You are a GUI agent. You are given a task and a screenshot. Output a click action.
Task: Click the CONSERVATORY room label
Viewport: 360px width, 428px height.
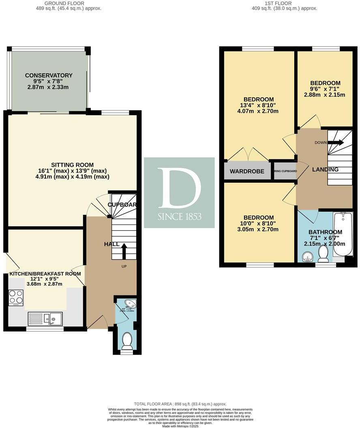click(x=49, y=75)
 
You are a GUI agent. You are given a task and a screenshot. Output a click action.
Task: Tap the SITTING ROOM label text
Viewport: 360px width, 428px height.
click(x=72, y=165)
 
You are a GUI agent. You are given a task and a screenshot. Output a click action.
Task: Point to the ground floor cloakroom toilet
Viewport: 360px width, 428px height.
click(x=127, y=341)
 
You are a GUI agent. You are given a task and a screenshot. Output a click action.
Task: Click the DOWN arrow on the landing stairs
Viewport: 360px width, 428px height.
click(x=335, y=143)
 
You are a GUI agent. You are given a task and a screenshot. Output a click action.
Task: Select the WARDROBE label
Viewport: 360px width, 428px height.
click(x=247, y=171)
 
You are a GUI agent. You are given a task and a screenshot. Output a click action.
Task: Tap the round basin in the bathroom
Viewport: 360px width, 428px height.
click(x=307, y=256)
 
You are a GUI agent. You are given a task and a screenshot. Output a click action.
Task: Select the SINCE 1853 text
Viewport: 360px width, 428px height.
click(x=179, y=217)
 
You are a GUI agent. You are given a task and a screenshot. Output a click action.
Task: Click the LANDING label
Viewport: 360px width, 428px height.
click(x=325, y=169)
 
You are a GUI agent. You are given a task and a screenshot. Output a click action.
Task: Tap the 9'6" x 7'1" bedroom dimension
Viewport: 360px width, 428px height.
click(x=324, y=89)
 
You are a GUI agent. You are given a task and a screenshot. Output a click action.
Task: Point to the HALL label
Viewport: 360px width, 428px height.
click(x=111, y=244)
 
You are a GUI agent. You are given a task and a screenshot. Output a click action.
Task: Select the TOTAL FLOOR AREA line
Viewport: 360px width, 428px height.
click(x=180, y=404)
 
